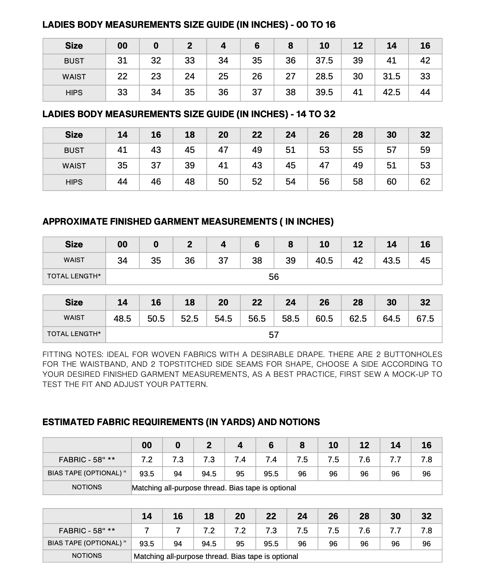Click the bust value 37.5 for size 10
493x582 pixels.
click(324, 61)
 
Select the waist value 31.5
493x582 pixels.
click(391, 76)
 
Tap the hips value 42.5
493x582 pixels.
click(391, 92)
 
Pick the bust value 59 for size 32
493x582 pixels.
click(425, 150)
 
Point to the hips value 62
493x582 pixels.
click(425, 182)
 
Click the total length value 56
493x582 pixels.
click(274, 277)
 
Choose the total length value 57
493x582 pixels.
click(274, 335)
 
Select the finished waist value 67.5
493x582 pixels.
click(425, 319)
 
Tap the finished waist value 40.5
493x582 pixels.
click(324, 260)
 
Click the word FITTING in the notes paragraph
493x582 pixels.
click(56, 354)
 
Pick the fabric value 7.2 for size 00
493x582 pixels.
click(147, 460)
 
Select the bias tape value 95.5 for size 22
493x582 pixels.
click(271, 544)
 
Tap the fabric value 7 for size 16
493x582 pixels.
click(178, 531)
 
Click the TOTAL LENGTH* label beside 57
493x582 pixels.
click(74, 334)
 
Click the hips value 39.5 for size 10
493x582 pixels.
click(324, 92)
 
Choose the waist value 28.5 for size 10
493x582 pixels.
click(324, 76)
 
